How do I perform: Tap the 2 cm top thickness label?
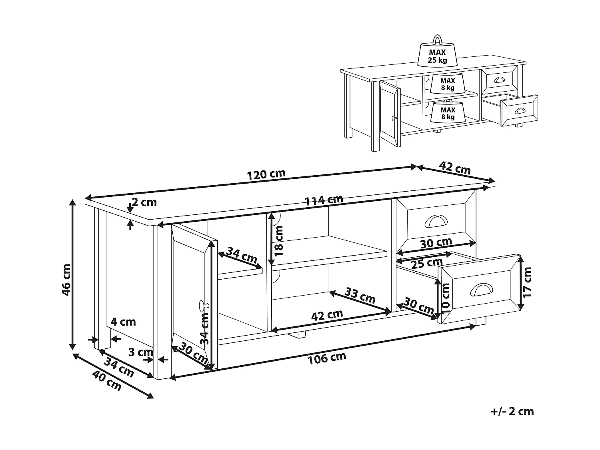click(144, 202)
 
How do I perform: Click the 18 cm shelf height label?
click(279, 240)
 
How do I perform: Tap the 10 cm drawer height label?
click(446, 296)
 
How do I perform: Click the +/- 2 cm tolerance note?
click(512, 411)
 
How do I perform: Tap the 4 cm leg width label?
click(123, 322)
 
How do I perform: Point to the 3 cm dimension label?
click(141, 352)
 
